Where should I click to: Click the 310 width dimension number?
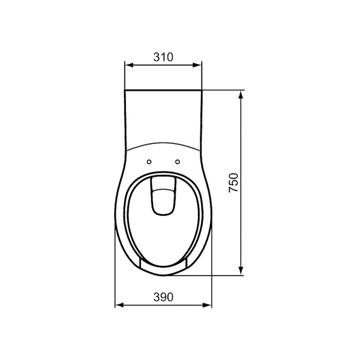(163, 57)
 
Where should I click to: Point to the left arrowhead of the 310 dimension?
(128, 65)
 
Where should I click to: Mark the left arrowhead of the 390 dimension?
(118, 306)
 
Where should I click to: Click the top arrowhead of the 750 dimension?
(242, 94)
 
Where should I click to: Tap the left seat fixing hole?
(149, 162)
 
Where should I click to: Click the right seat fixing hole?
(178, 162)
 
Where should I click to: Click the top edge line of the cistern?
(163, 89)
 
